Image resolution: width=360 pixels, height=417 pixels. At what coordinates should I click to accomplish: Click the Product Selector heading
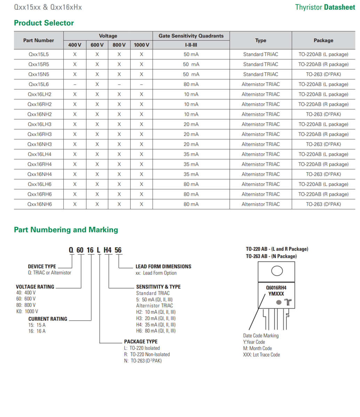pyautogui.click(x=44, y=23)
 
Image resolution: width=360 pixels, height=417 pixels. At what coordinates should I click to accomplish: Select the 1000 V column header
pyautogui.click(x=141, y=45)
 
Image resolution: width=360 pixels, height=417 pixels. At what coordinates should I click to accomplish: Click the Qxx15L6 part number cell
pyautogui.click(x=39, y=84)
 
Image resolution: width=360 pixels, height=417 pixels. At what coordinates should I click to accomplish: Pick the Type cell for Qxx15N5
pyautogui.click(x=261, y=74)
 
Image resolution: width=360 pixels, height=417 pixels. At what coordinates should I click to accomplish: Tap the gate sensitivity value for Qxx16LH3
pyautogui.click(x=191, y=124)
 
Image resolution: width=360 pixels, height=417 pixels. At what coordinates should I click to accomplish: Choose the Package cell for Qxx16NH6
pyautogui.click(x=323, y=204)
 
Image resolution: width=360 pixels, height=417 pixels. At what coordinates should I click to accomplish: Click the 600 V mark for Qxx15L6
pyautogui.click(x=97, y=84)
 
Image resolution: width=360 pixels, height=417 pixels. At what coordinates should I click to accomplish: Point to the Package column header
pyautogui.click(x=323, y=40)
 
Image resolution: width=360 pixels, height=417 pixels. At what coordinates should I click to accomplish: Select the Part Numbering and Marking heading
pyautogui.click(x=66, y=230)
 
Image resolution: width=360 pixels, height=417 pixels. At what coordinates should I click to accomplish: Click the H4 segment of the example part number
pyautogui.click(x=107, y=250)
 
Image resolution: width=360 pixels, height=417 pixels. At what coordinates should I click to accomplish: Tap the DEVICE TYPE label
pyautogui.click(x=42, y=267)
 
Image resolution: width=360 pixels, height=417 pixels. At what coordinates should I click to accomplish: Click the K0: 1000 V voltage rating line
pyautogui.click(x=27, y=311)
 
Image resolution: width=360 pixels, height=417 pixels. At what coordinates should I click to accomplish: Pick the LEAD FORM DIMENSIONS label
pyautogui.click(x=163, y=267)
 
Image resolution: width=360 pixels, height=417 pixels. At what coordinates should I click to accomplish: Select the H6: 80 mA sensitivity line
pyautogui.click(x=156, y=331)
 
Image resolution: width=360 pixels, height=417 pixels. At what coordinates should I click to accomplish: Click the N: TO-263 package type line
pyautogui.click(x=143, y=361)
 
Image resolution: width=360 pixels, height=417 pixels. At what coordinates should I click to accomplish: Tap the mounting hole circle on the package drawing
pyautogui.click(x=277, y=271)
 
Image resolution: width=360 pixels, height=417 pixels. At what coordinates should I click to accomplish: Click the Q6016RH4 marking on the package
pyautogui.click(x=276, y=288)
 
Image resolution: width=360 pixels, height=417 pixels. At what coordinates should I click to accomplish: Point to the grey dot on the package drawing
pyautogui.click(x=279, y=302)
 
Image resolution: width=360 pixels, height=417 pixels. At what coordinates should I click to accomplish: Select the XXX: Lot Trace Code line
pyautogui.click(x=261, y=355)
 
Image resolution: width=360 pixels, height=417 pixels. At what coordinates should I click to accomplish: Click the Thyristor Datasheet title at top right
pyautogui.click(x=325, y=7)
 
